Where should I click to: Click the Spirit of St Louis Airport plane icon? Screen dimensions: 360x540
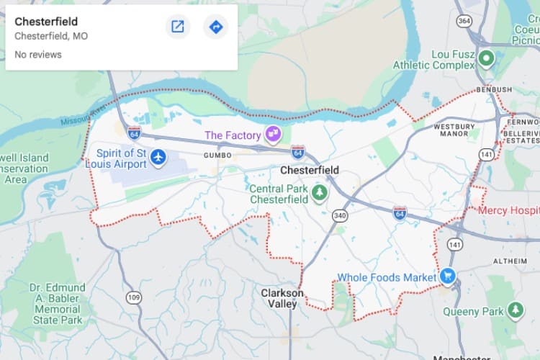pyautogui.click(x=158, y=157)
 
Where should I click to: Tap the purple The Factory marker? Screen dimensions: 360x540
pyautogui.click(x=273, y=133)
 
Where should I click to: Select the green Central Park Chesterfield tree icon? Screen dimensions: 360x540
pyautogui.click(x=319, y=192)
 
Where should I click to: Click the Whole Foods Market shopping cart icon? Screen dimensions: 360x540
pyautogui.click(x=448, y=276)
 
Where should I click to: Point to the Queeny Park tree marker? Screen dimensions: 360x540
pyautogui.click(x=515, y=310)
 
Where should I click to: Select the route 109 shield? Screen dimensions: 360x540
pyautogui.click(x=133, y=297)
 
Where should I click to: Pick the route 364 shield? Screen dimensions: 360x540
pyautogui.click(x=464, y=21)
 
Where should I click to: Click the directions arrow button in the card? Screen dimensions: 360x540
pyautogui.click(x=215, y=27)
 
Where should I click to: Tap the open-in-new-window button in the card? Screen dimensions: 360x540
pyautogui.click(x=177, y=27)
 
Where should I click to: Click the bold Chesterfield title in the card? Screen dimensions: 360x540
pyautogui.click(x=46, y=22)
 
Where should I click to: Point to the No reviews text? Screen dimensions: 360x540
pyautogui.click(x=38, y=55)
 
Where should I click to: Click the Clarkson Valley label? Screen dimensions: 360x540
pyautogui.click(x=282, y=299)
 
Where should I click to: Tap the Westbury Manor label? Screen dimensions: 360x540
pyautogui.click(x=455, y=130)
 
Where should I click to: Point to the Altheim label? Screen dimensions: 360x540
pyautogui.click(x=510, y=260)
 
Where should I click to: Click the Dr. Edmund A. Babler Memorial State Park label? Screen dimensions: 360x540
pyautogui.click(x=57, y=303)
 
